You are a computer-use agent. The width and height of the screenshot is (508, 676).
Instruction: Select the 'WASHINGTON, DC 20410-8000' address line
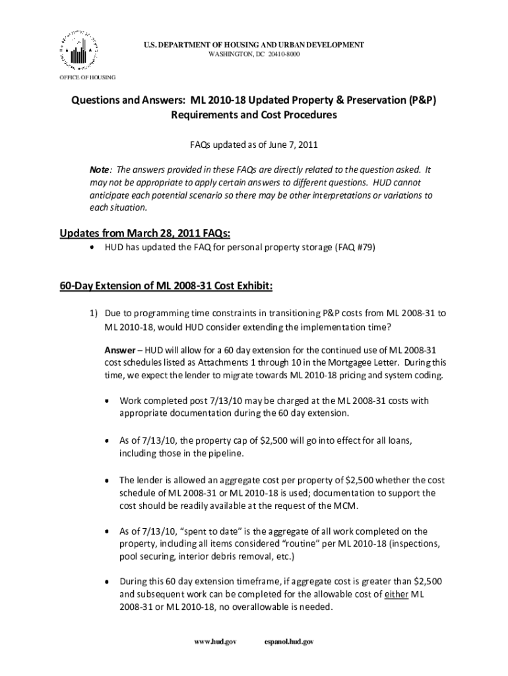click(x=254, y=53)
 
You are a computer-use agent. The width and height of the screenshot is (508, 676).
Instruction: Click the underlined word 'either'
click(x=396, y=595)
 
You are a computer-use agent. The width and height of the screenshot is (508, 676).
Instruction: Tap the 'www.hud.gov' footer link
click(x=212, y=641)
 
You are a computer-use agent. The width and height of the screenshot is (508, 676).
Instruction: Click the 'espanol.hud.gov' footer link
click(x=288, y=641)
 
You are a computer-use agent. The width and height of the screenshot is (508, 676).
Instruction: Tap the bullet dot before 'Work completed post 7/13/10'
click(x=108, y=401)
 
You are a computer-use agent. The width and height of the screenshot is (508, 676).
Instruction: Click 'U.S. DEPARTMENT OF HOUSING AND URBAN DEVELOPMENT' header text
click(x=254, y=44)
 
